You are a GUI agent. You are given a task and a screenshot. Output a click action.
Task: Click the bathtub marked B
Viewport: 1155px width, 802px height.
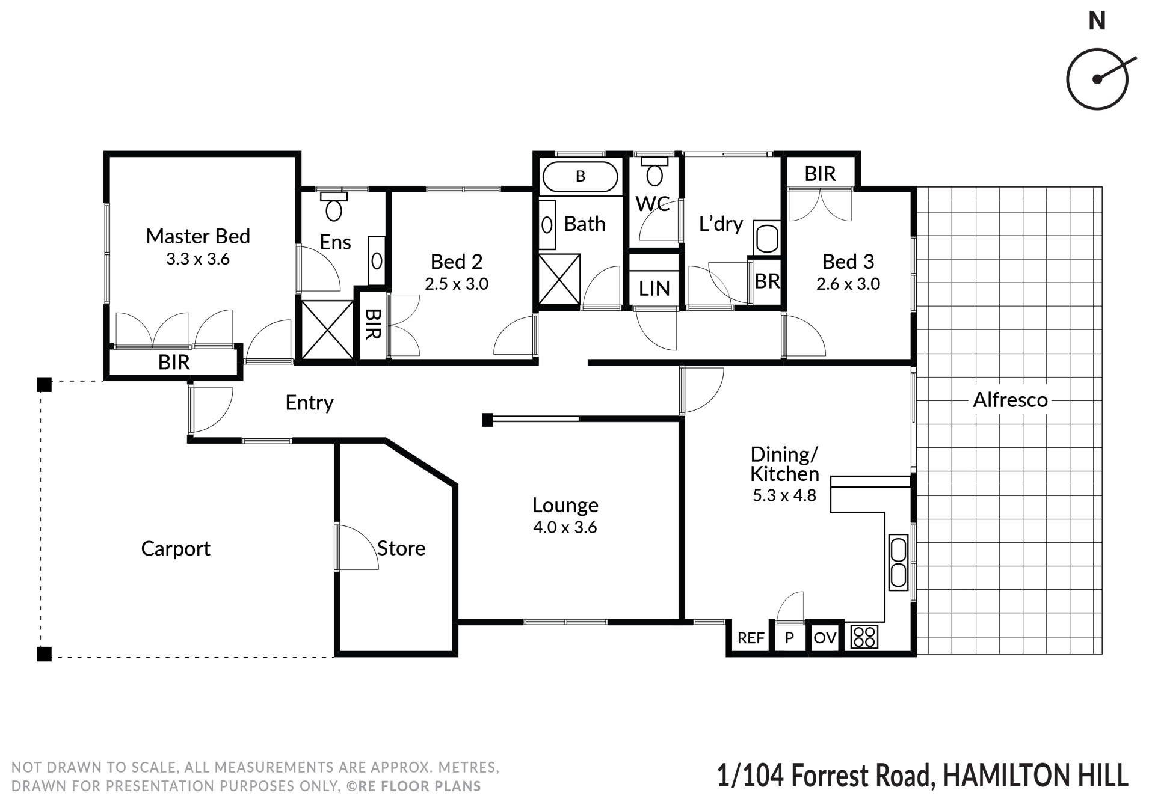click(x=580, y=176)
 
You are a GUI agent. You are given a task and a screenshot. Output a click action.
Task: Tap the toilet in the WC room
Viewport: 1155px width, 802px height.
click(x=654, y=171)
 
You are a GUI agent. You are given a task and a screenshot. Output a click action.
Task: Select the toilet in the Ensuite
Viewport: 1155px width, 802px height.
click(x=334, y=206)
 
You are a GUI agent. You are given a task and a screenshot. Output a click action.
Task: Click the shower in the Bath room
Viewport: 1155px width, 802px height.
click(x=559, y=280)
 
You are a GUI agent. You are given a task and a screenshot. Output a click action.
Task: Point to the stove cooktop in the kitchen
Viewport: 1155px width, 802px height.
click(x=864, y=637)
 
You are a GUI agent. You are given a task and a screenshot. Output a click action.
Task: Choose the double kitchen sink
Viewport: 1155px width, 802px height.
click(x=898, y=562)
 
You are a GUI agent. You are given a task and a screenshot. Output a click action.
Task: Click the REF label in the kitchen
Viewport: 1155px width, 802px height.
click(x=751, y=638)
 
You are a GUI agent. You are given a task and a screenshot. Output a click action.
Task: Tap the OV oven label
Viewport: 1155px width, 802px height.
click(x=825, y=637)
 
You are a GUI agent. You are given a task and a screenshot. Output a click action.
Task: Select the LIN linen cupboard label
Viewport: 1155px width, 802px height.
click(x=654, y=289)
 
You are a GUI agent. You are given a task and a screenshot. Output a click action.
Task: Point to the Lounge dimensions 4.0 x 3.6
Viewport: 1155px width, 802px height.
click(x=565, y=527)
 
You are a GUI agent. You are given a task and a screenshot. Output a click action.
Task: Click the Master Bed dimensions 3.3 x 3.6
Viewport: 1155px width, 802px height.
click(x=198, y=259)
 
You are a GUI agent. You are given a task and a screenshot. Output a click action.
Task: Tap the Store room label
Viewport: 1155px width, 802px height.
click(x=401, y=548)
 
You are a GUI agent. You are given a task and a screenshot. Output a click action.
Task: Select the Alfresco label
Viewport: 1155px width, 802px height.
click(x=1011, y=400)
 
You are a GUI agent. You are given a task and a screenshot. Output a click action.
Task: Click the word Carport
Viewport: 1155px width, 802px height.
click(x=176, y=549)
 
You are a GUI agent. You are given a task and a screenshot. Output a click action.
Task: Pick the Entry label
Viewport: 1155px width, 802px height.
click(x=309, y=402)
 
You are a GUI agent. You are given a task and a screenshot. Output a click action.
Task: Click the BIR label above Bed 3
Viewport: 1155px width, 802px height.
click(x=820, y=174)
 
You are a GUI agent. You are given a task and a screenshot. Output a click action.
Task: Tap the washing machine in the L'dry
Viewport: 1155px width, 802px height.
click(x=767, y=237)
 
